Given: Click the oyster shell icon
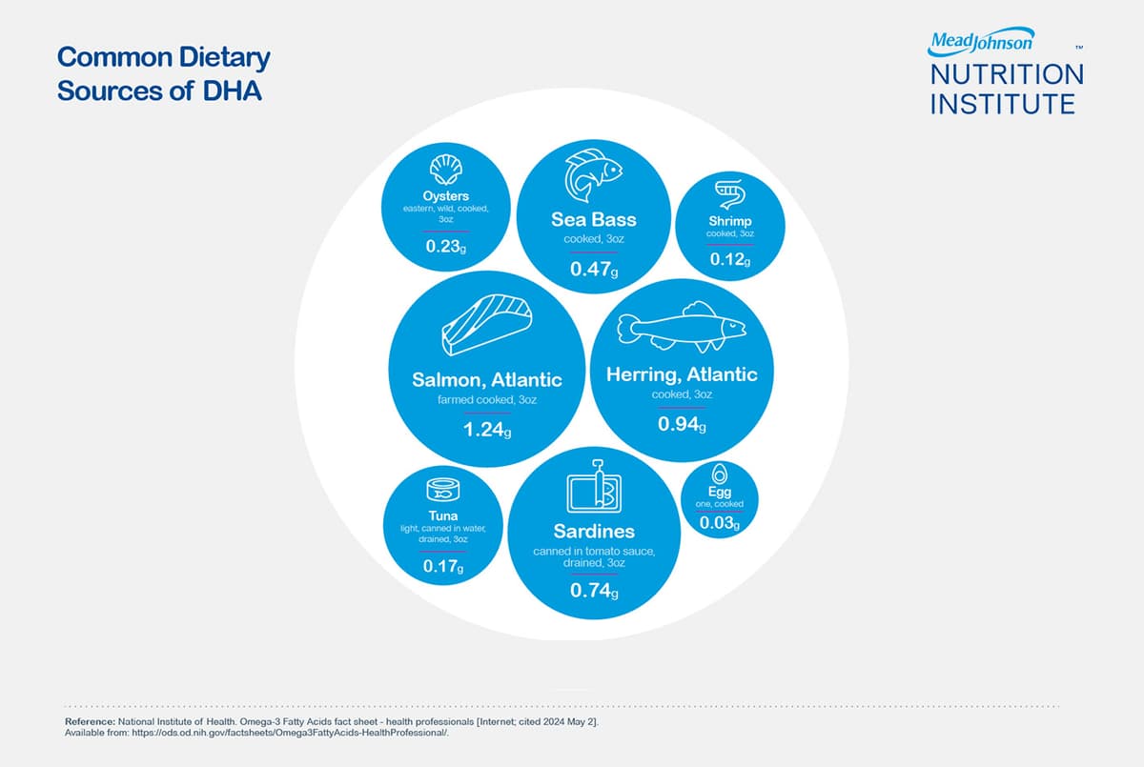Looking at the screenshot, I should (445, 172).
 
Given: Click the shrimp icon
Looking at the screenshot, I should (731, 196).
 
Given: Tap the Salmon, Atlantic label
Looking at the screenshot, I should (487, 380).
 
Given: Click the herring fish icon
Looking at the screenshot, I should (682, 330).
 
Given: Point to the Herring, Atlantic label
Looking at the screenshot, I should (682, 374).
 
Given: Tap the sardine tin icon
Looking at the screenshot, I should (594, 488).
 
